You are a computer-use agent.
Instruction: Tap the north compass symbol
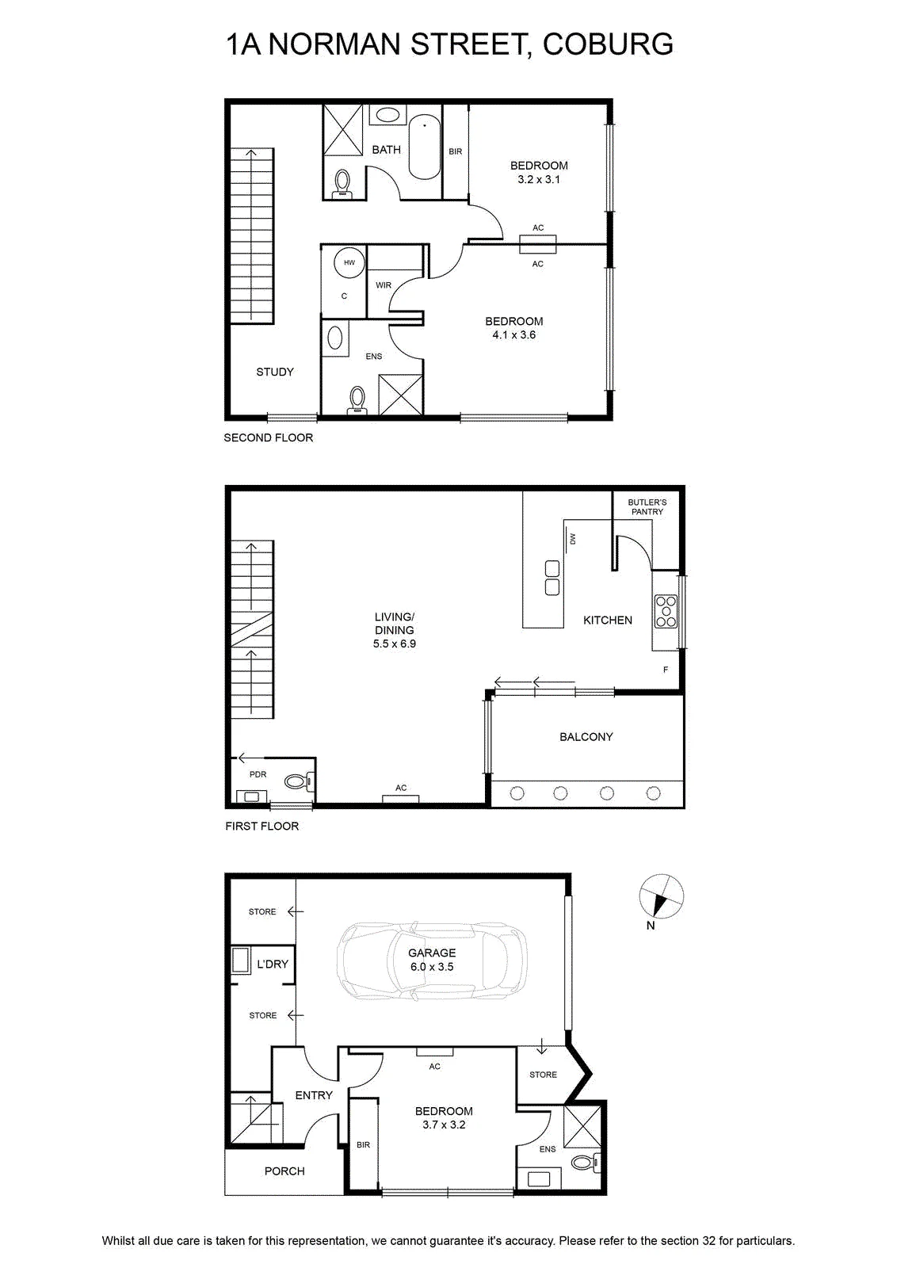661,897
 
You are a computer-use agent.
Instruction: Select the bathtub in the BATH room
425,147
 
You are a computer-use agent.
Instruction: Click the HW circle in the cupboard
349,262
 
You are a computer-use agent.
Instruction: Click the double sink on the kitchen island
552,578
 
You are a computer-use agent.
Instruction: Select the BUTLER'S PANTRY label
647,506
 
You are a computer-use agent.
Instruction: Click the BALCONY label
586,736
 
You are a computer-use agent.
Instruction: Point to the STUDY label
275,372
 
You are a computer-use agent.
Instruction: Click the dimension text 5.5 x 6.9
395,644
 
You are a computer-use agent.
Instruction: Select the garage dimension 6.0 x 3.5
432,967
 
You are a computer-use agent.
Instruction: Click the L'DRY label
273,964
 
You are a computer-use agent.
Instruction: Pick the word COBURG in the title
608,44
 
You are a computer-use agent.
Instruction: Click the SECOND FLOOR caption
269,437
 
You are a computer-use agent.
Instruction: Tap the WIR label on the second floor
384,285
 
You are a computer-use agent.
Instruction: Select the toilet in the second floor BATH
342,184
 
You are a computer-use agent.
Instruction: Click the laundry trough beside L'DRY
241,960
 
